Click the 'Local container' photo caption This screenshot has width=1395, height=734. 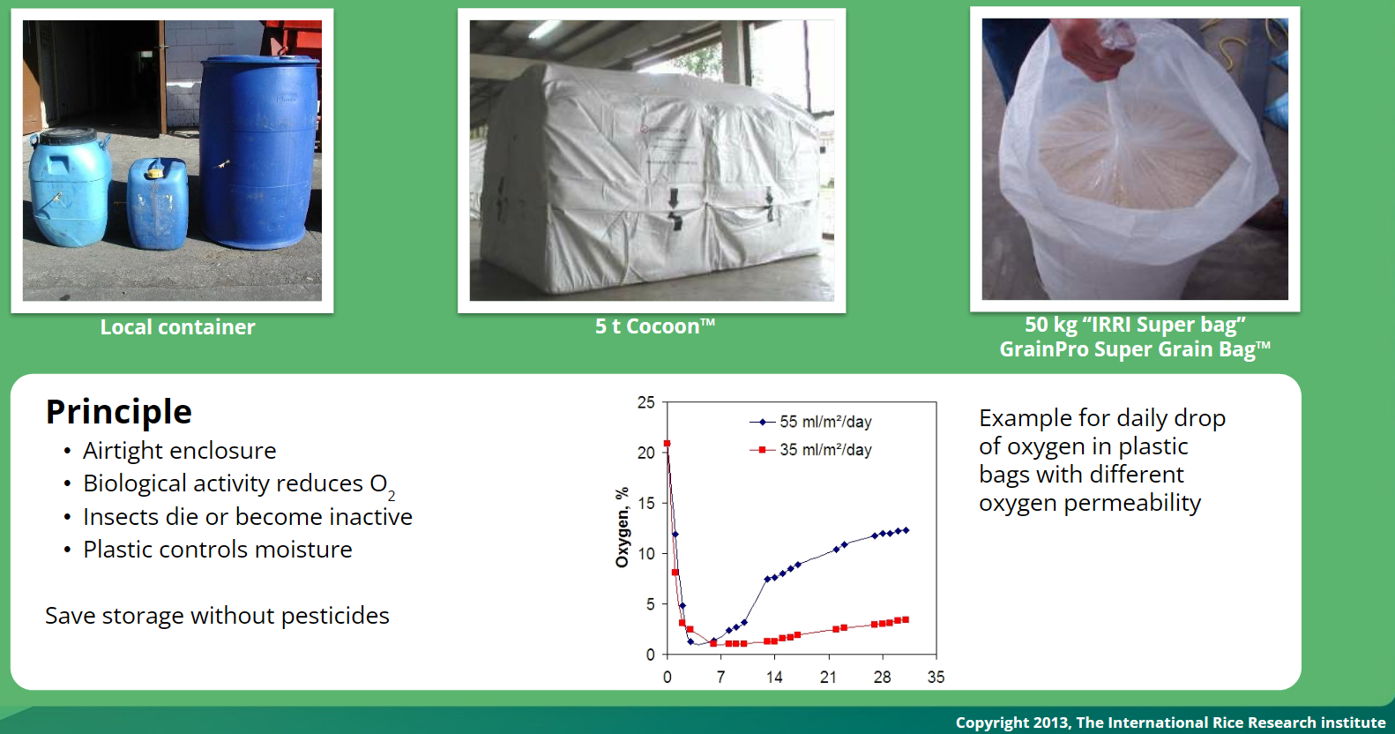(177, 327)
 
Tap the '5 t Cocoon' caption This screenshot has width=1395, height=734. (654, 326)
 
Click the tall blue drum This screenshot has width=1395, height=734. (259, 152)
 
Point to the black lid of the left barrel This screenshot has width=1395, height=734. (67, 136)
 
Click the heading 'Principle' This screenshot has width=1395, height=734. (118, 412)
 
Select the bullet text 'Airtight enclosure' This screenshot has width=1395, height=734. (179, 451)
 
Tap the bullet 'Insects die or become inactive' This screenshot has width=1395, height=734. (247, 517)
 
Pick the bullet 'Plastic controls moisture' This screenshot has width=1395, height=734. (217, 550)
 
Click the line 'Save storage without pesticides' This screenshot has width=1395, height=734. (217, 616)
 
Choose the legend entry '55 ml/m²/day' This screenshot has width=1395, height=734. (810, 422)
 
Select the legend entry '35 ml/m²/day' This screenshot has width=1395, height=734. (810, 450)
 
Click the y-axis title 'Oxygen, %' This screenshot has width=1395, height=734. (622, 528)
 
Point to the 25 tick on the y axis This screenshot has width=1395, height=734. (645, 402)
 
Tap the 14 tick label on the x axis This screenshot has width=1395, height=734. (774, 678)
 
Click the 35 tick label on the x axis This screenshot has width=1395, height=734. (936, 678)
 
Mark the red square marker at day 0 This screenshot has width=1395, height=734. (667, 444)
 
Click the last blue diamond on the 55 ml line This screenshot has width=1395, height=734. (906, 530)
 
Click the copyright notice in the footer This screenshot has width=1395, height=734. (1170, 723)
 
